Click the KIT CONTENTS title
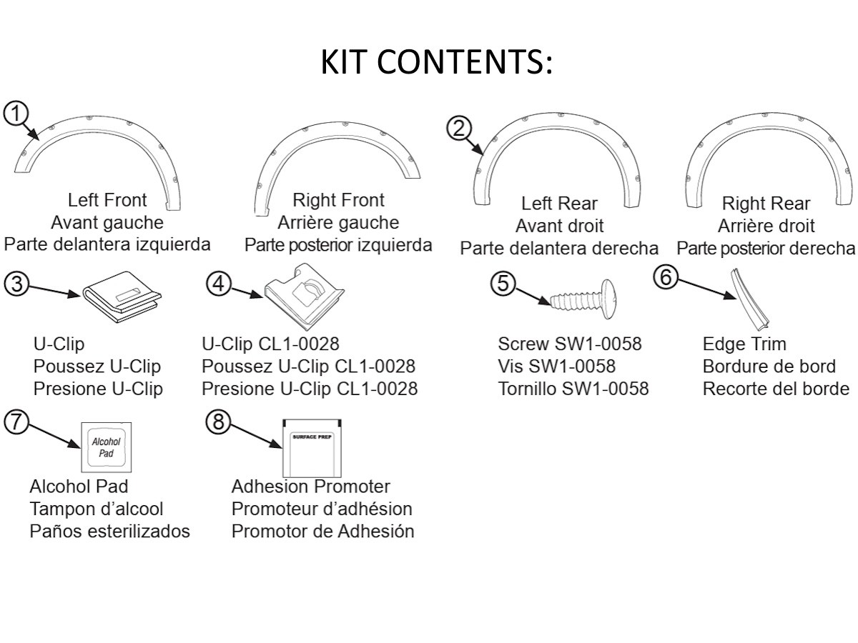click(x=436, y=61)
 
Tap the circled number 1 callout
click(x=16, y=114)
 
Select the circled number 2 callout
click(x=459, y=129)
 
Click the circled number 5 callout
click(x=503, y=283)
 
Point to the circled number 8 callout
click(x=218, y=422)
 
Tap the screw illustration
click(x=583, y=299)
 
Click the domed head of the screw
click(x=608, y=299)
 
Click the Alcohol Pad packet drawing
click(x=107, y=447)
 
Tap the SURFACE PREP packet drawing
click(x=312, y=448)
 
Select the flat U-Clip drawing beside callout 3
click(x=122, y=297)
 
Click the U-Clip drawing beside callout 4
click(x=304, y=296)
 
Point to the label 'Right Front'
click(x=338, y=200)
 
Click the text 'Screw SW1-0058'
click(x=570, y=344)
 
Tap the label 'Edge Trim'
click(x=744, y=344)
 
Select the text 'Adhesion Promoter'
click(x=311, y=487)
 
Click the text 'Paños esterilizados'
click(x=110, y=532)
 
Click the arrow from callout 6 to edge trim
click(x=707, y=289)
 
